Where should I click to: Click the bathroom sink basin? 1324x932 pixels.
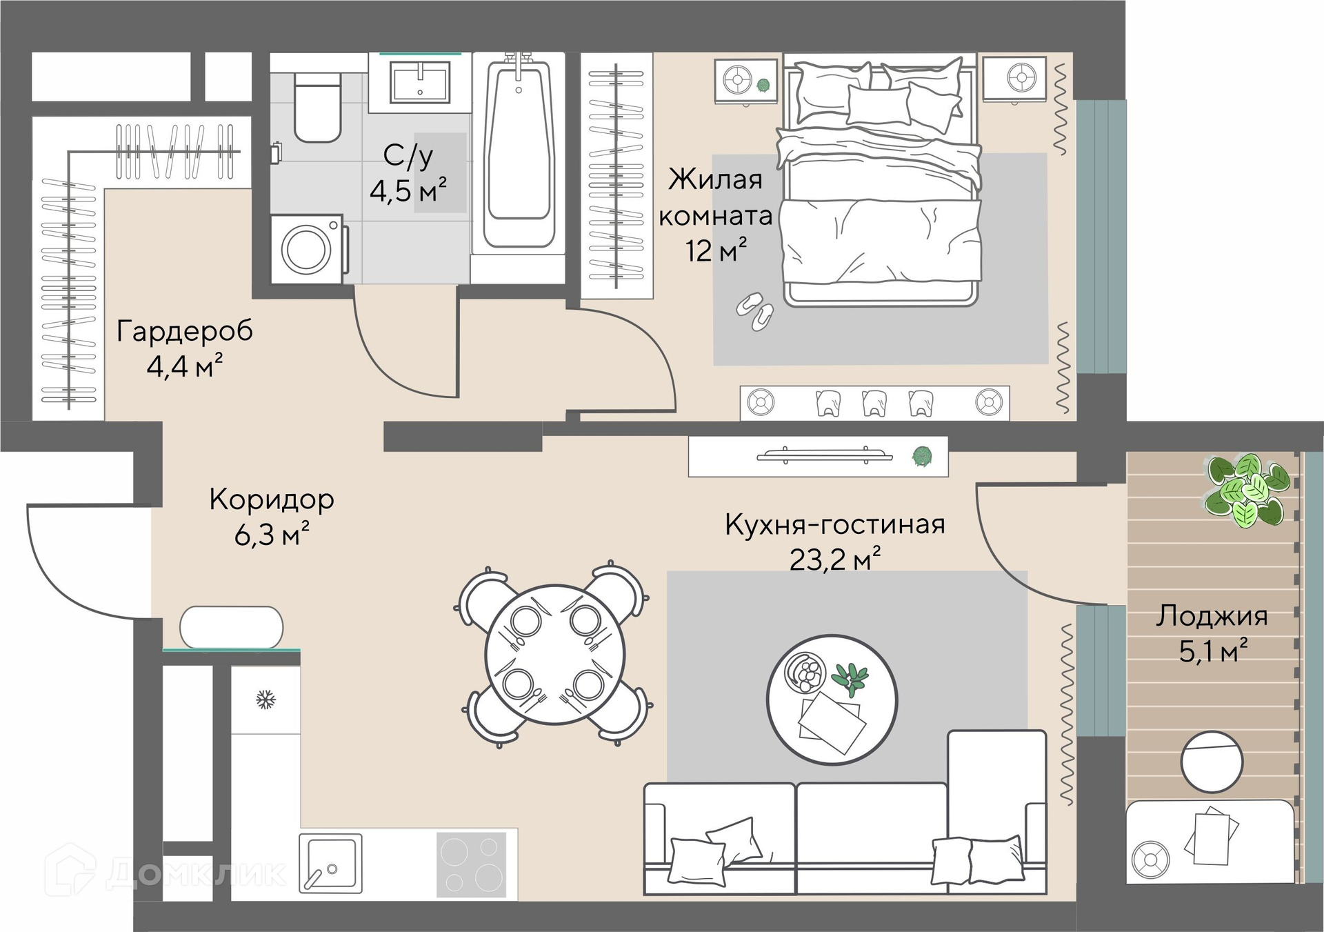tap(420, 82)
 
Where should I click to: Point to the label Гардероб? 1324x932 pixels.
tap(184, 332)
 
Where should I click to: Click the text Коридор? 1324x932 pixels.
tap(272, 499)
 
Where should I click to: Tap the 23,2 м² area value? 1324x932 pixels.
tap(835, 559)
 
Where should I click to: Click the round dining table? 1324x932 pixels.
tap(555, 655)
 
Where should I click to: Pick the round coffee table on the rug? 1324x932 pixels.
tap(832, 700)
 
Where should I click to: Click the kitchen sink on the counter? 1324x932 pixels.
tap(330, 864)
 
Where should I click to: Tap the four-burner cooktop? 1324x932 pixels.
tap(472, 865)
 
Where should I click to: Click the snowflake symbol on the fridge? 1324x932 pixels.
tap(265, 700)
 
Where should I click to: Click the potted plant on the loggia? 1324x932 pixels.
tap(1247, 490)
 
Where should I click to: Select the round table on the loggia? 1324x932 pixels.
tap(1212, 762)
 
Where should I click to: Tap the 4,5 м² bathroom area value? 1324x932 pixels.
tap(408, 190)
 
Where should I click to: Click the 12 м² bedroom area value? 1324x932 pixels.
tap(716, 250)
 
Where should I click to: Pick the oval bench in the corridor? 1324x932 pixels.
tap(232, 627)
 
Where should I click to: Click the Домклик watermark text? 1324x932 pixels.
tap(196, 874)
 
